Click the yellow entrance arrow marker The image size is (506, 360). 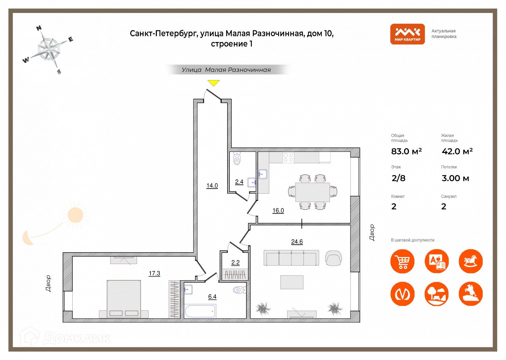pos(214,83)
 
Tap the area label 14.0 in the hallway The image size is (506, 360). pos(212,186)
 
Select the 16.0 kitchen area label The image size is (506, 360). pos(278,210)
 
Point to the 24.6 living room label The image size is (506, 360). pos(297,242)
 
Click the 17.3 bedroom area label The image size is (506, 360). pos(154,273)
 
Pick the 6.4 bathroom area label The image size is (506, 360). pos(212,297)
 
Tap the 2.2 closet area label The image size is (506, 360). pos(236,263)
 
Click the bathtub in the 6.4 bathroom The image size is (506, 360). pos(200,311)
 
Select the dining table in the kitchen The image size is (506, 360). pos(312,192)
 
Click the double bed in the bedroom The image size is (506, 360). pos(124,298)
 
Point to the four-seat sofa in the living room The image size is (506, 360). pos(291,258)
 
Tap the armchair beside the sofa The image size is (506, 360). pos(333,258)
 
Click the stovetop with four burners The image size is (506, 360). pos(288,157)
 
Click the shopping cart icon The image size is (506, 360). pos(402,261)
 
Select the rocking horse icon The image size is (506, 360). pos(470,261)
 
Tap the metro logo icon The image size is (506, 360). pos(402,294)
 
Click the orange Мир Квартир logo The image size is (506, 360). pos(407,34)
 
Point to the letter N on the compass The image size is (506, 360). pos(39,28)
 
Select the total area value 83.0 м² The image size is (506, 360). pos(406,151)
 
